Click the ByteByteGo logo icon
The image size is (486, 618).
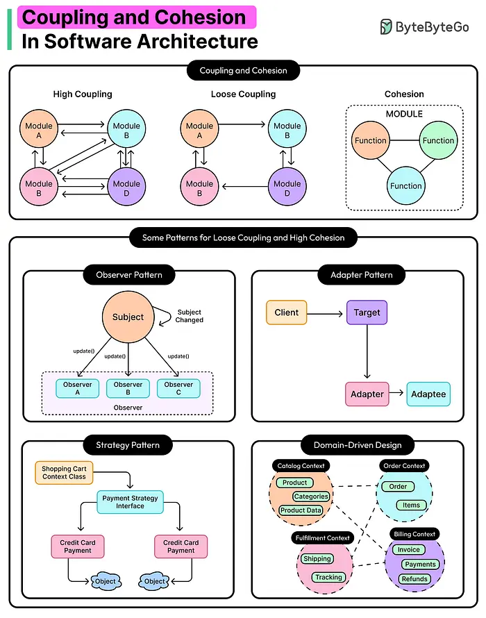pyautogui.click(x=386, y=27)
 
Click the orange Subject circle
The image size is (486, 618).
pyautogui.click(x=128, y=317)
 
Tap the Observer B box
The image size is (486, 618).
pyautogui.click(x=128, y=388)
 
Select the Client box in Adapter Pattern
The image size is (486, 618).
pyautogui.click(x=287, y=312)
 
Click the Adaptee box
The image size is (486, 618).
pyautogui.click(x=428, y=394)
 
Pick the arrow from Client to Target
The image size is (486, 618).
pyautogui.click(x=325, y=314)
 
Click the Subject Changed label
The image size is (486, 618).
pyautogui.click(x=190, y=316)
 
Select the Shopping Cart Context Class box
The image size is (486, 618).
pyautogui.click(x=65, y=473)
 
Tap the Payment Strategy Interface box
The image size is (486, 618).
pyautogui.click(x=130, y=502)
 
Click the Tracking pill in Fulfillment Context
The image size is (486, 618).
pyautogui.click(x=328, y=578)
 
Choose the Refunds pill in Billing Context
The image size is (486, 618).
pyautogui.click(x=414, y=579)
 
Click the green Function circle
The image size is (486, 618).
pyautogui.click(x=438, y=140)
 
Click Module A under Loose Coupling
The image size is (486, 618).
pyautogui.click(x=199, y=128)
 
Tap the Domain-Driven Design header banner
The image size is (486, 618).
pyautogui.click(x=358, y=445)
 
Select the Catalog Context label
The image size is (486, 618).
pyautogui.click(x=301, y=466)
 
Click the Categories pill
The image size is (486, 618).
pyautogui.click(x=311, y=496)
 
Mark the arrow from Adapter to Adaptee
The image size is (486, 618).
pyautogui.click(x=396, y=392)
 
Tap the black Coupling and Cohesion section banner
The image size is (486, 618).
pyautogui.click(x=243, y=71)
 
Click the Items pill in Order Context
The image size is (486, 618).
pyautogui.click(x=411, y=506)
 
